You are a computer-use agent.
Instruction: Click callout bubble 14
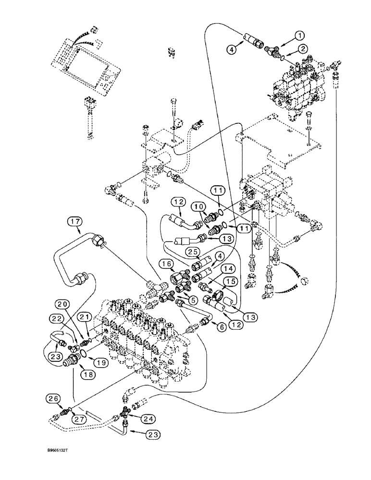228,268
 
